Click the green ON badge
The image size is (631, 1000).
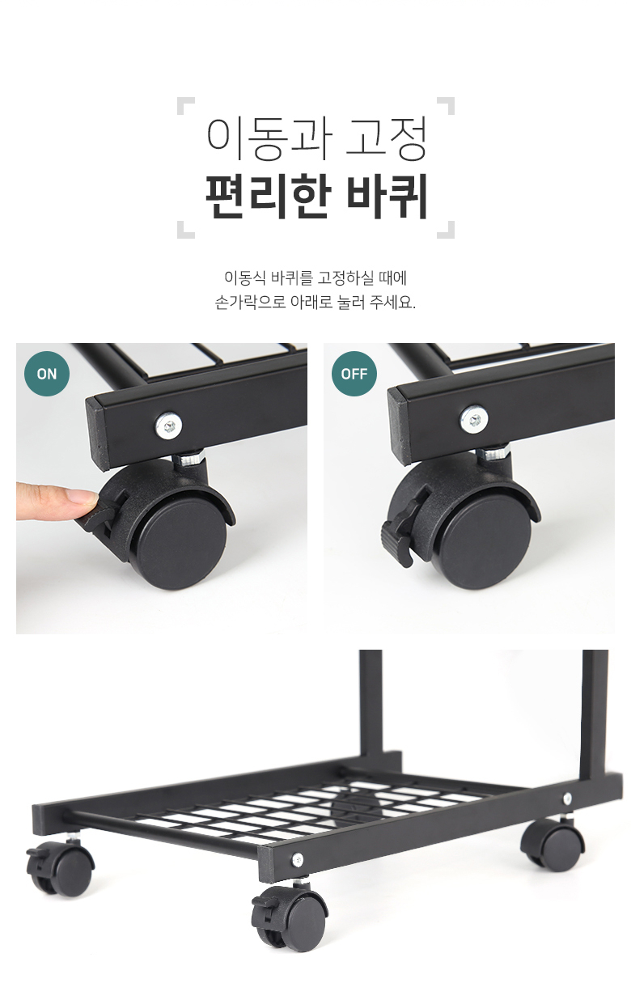(47, 374)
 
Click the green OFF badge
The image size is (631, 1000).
(354, 374)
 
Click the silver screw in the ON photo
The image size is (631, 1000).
(169, 425)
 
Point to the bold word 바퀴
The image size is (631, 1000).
(387, 197)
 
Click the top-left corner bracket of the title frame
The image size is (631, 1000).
(185, 106)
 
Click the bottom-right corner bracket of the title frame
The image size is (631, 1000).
(446, 230)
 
